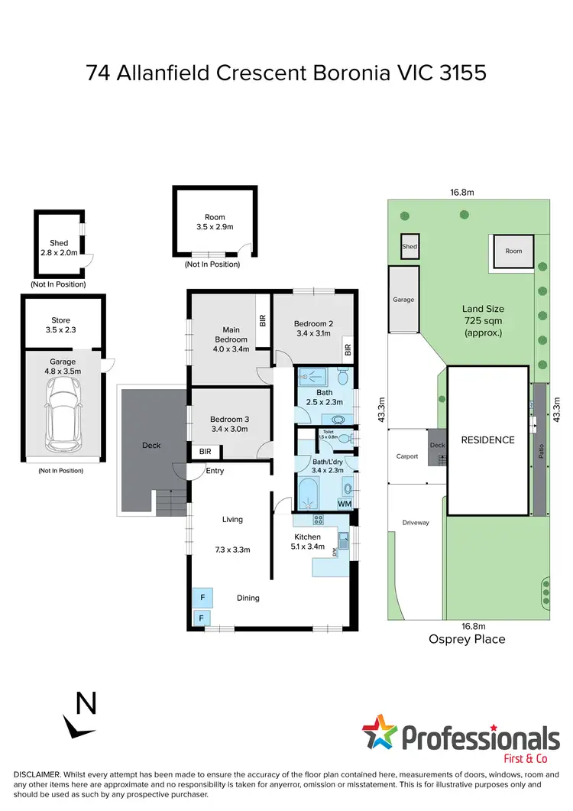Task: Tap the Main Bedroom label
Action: point(231,334)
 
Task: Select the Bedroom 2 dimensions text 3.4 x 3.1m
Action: point(312,333)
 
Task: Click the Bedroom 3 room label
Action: point(230,419)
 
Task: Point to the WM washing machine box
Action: point(344,504)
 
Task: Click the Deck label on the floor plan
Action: point(151,445)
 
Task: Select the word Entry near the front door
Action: point(215,471)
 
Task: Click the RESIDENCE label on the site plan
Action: point(487,440)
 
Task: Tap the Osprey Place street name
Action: point(468,639)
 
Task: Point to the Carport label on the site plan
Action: point(407,456)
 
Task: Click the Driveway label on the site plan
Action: point(416,523)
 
